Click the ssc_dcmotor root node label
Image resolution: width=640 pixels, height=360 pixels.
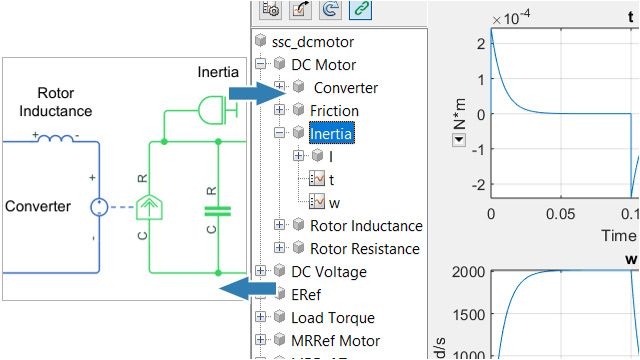click(306, 42)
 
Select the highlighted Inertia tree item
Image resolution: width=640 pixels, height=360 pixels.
click(331, 133)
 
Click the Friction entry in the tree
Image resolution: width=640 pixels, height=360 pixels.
click(334, 110)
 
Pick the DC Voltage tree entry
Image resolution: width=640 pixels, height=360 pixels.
click(328, 271)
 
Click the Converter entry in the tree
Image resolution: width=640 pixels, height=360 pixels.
click(345, 88)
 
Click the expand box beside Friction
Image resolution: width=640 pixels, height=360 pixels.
click(280, 110)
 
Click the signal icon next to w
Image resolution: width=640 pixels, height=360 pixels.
click(319, 202)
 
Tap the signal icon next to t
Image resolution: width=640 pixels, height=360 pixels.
click(319, 179)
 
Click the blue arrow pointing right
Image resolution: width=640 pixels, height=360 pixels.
click(250, 93)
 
